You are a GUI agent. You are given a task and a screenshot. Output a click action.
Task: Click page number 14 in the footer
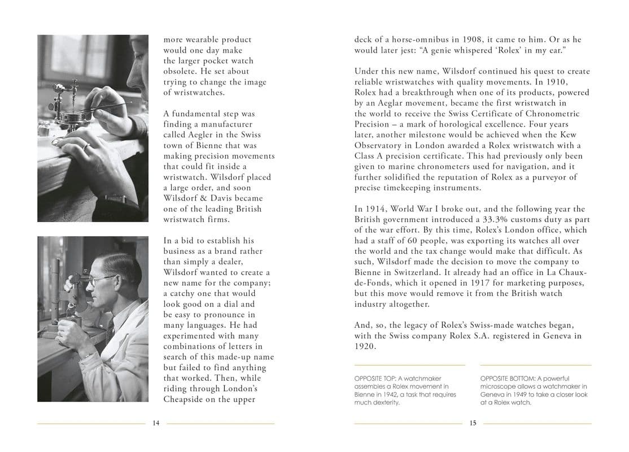(156, 424)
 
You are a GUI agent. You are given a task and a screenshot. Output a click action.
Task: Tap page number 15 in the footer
(473, 424)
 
